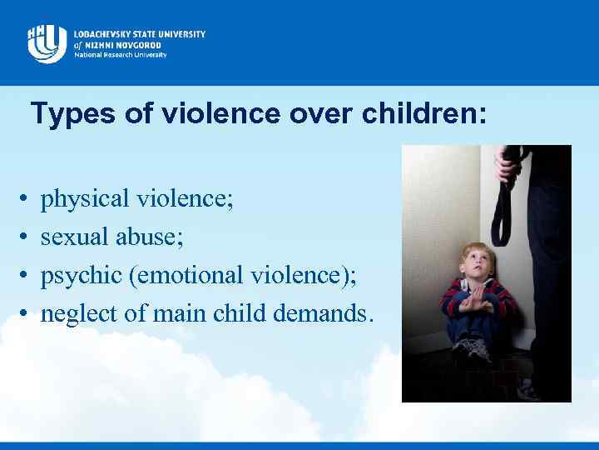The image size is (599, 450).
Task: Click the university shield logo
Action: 47,42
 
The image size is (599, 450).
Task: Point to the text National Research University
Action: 120,55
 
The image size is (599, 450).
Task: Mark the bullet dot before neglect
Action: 24,315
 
